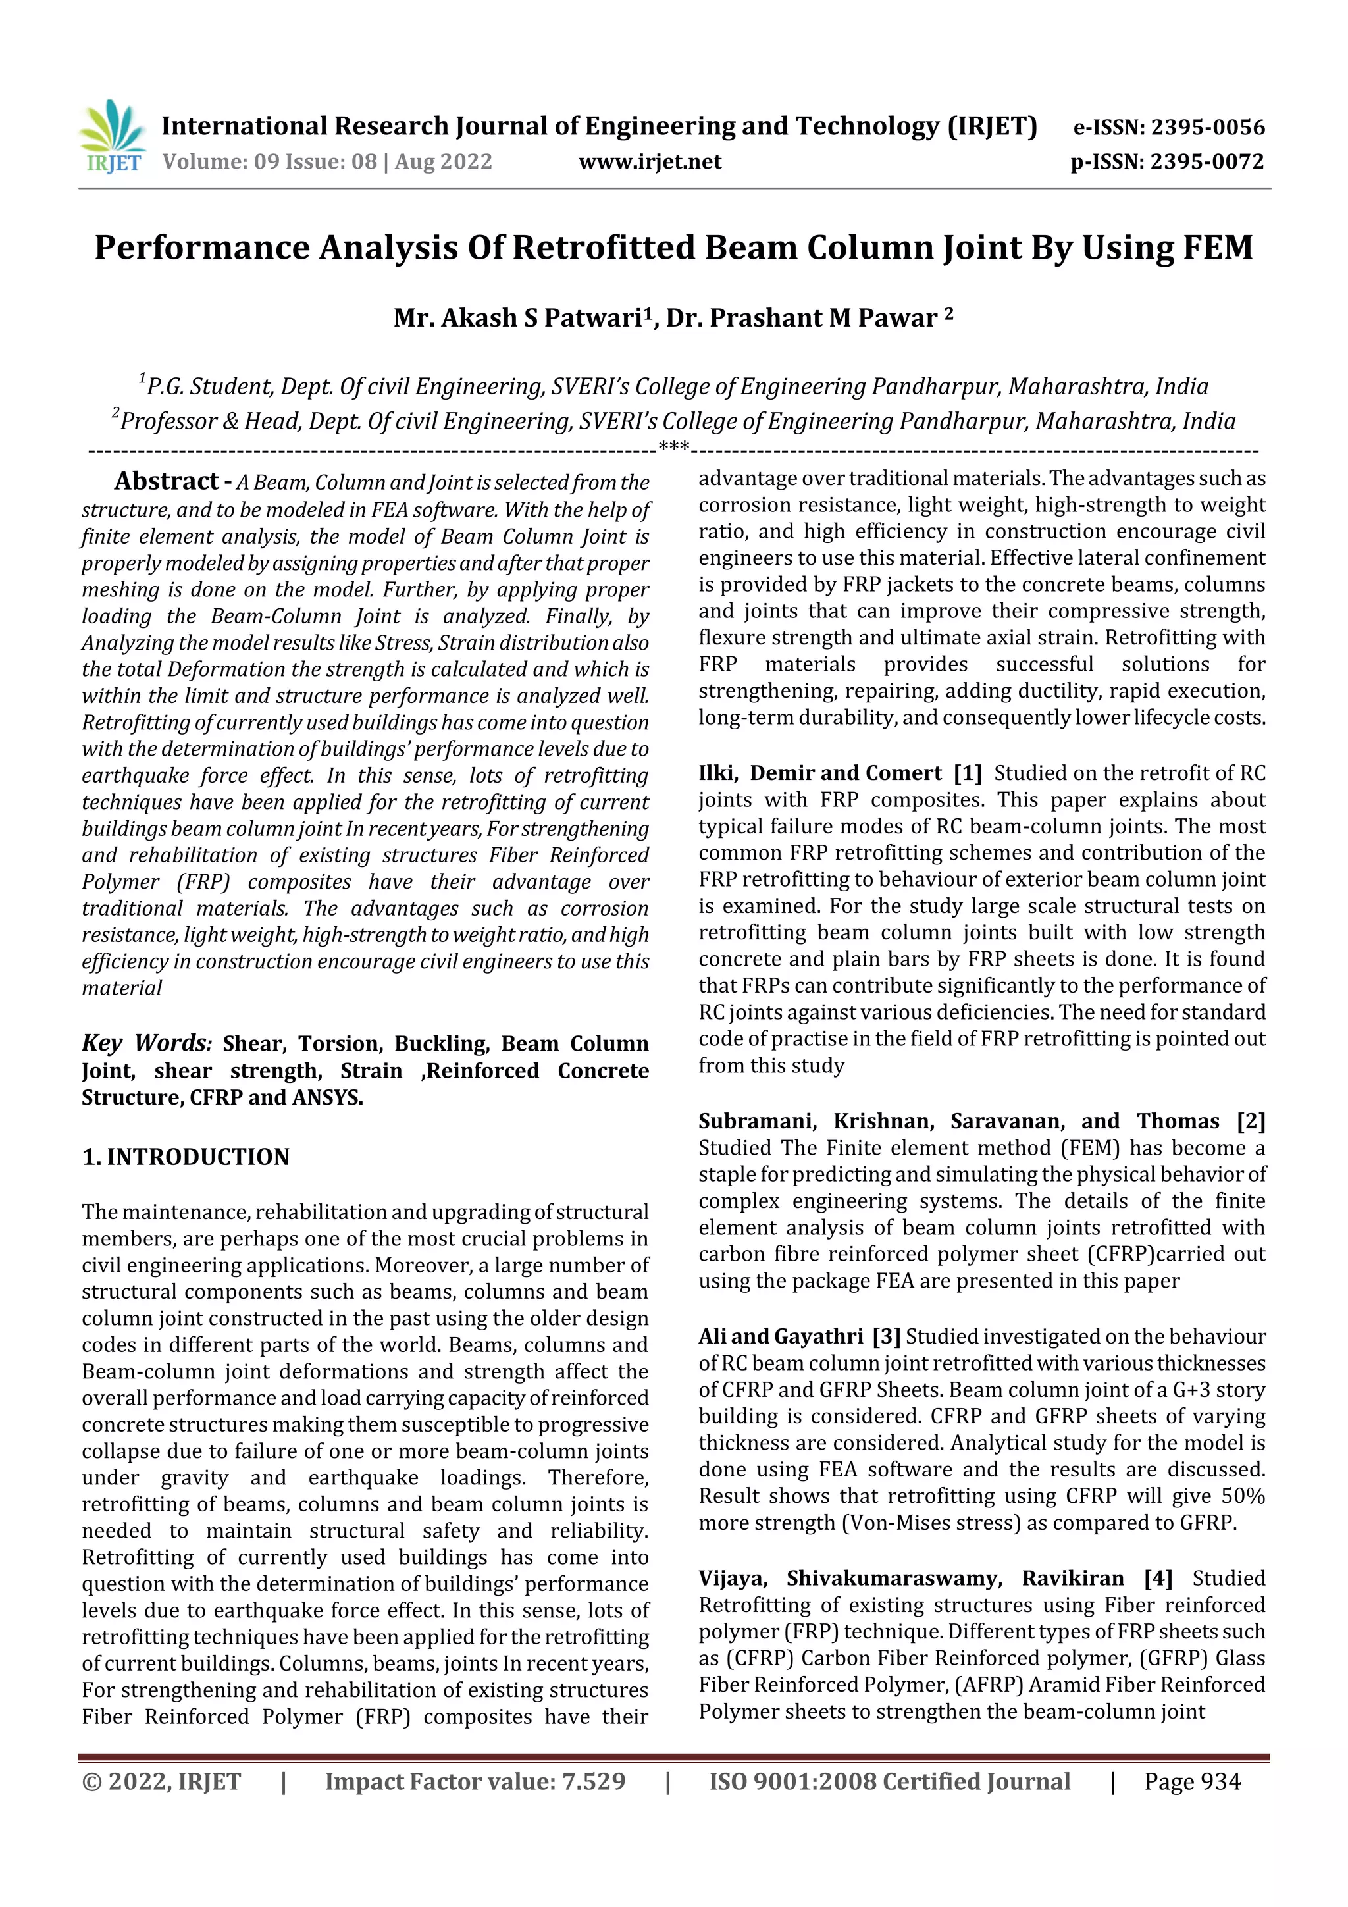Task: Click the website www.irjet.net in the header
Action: click(650, 162)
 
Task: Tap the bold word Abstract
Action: click(166, 481)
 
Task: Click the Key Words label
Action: click(147, 1043)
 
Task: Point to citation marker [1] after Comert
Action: click(968, 773)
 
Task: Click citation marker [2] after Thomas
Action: click(1250, 1121)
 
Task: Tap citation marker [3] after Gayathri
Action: click(886, 1336)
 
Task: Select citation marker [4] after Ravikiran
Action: click(1158, 1578)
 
